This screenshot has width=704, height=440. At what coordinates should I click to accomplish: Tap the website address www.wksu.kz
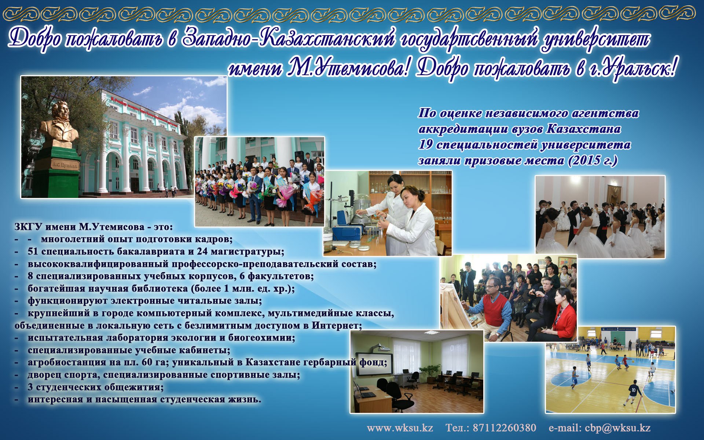pos(400,428)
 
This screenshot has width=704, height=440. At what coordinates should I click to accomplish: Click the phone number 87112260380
pos(504,428)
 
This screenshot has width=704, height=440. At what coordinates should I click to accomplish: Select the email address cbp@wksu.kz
pos(617,428)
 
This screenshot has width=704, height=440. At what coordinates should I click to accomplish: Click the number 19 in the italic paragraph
pos(425,144)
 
